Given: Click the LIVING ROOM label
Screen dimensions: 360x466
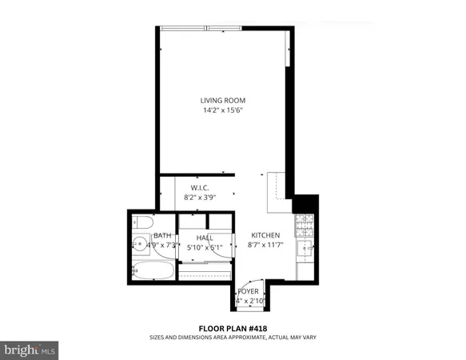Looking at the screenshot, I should (x=221, y=100).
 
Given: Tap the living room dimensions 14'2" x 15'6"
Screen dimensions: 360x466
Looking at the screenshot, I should (x=221, y=110).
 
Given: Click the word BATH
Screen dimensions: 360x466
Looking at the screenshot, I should (x=162, y=235).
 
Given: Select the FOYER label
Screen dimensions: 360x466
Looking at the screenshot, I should (x=248, y=291).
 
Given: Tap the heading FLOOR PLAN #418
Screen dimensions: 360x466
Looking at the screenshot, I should (x=233, y=328).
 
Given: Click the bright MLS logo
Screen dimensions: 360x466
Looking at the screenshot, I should (x=30, y=350).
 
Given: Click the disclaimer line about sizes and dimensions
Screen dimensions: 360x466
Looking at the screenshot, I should (x=233, y=338).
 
